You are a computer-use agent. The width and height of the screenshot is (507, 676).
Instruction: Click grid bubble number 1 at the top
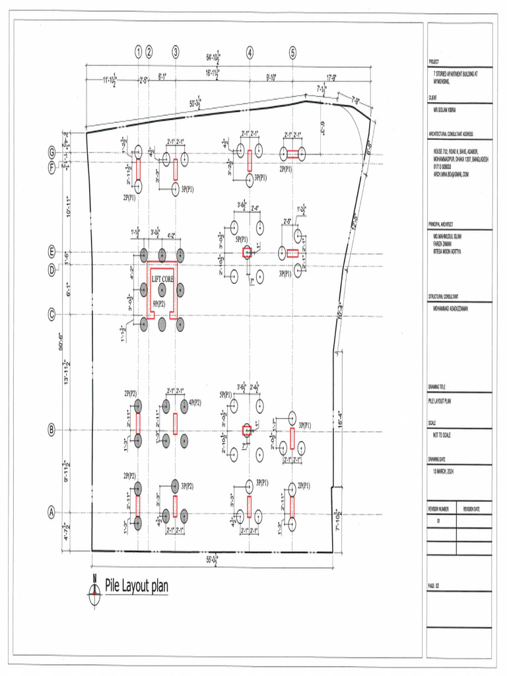pos(139,53)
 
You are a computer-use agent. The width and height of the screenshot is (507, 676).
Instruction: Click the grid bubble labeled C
pos(51,315)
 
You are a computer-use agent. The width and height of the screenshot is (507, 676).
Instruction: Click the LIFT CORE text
pos(163,279)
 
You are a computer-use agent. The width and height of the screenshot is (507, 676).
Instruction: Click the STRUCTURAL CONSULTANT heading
pos(444,298)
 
